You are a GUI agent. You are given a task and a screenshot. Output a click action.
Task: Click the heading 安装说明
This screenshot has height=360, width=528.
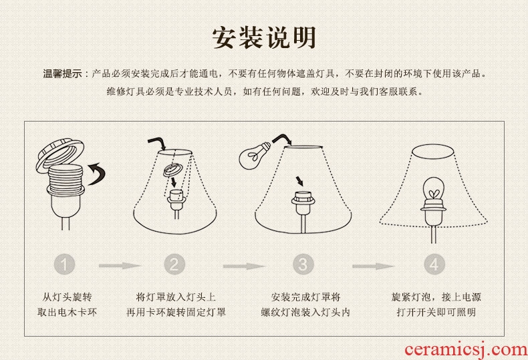[x=264, y=37]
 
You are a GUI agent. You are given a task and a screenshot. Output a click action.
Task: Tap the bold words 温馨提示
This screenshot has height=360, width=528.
[x=62, y=73]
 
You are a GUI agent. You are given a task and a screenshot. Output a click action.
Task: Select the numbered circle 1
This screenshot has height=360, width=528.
[x=64, y=264]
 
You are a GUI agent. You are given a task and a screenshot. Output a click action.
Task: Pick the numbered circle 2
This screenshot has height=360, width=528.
[x=174, y=264]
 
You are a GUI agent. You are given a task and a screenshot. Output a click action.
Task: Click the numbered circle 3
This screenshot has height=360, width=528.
[x=303, y=264]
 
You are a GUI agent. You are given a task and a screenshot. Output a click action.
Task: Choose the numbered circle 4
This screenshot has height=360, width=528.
[x=434, y=264]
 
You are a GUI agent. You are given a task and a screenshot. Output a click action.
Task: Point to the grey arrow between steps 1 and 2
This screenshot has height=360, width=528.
[x=120, y=266]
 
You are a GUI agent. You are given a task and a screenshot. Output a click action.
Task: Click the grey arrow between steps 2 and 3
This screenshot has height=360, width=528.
[x=244, y=266]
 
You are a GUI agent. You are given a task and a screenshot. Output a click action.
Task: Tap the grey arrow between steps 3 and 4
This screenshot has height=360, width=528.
[x=373, y=266]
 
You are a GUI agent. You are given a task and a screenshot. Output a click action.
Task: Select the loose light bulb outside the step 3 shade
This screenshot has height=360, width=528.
[x=253, y=154]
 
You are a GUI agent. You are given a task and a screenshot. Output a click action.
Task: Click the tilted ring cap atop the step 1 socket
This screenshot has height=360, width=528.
[x=60, y=156]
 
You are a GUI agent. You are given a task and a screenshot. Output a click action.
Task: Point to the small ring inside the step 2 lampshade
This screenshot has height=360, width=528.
[x=172, y=170]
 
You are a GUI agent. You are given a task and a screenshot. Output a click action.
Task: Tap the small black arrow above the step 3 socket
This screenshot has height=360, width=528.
[x=299, y=181]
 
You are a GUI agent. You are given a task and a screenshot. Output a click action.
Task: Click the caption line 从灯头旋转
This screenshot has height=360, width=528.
[x=67, y=297]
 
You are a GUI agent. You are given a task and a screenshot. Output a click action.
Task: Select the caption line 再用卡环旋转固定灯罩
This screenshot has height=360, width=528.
[x=176, y=312]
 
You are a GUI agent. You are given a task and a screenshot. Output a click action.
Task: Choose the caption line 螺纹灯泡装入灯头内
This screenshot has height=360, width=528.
[x=305, y=312]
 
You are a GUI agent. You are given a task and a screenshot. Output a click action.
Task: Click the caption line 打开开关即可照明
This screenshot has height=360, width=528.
[x=436, y=312]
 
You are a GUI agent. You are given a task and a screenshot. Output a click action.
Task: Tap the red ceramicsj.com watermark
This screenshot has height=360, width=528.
[x=466, y=350]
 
